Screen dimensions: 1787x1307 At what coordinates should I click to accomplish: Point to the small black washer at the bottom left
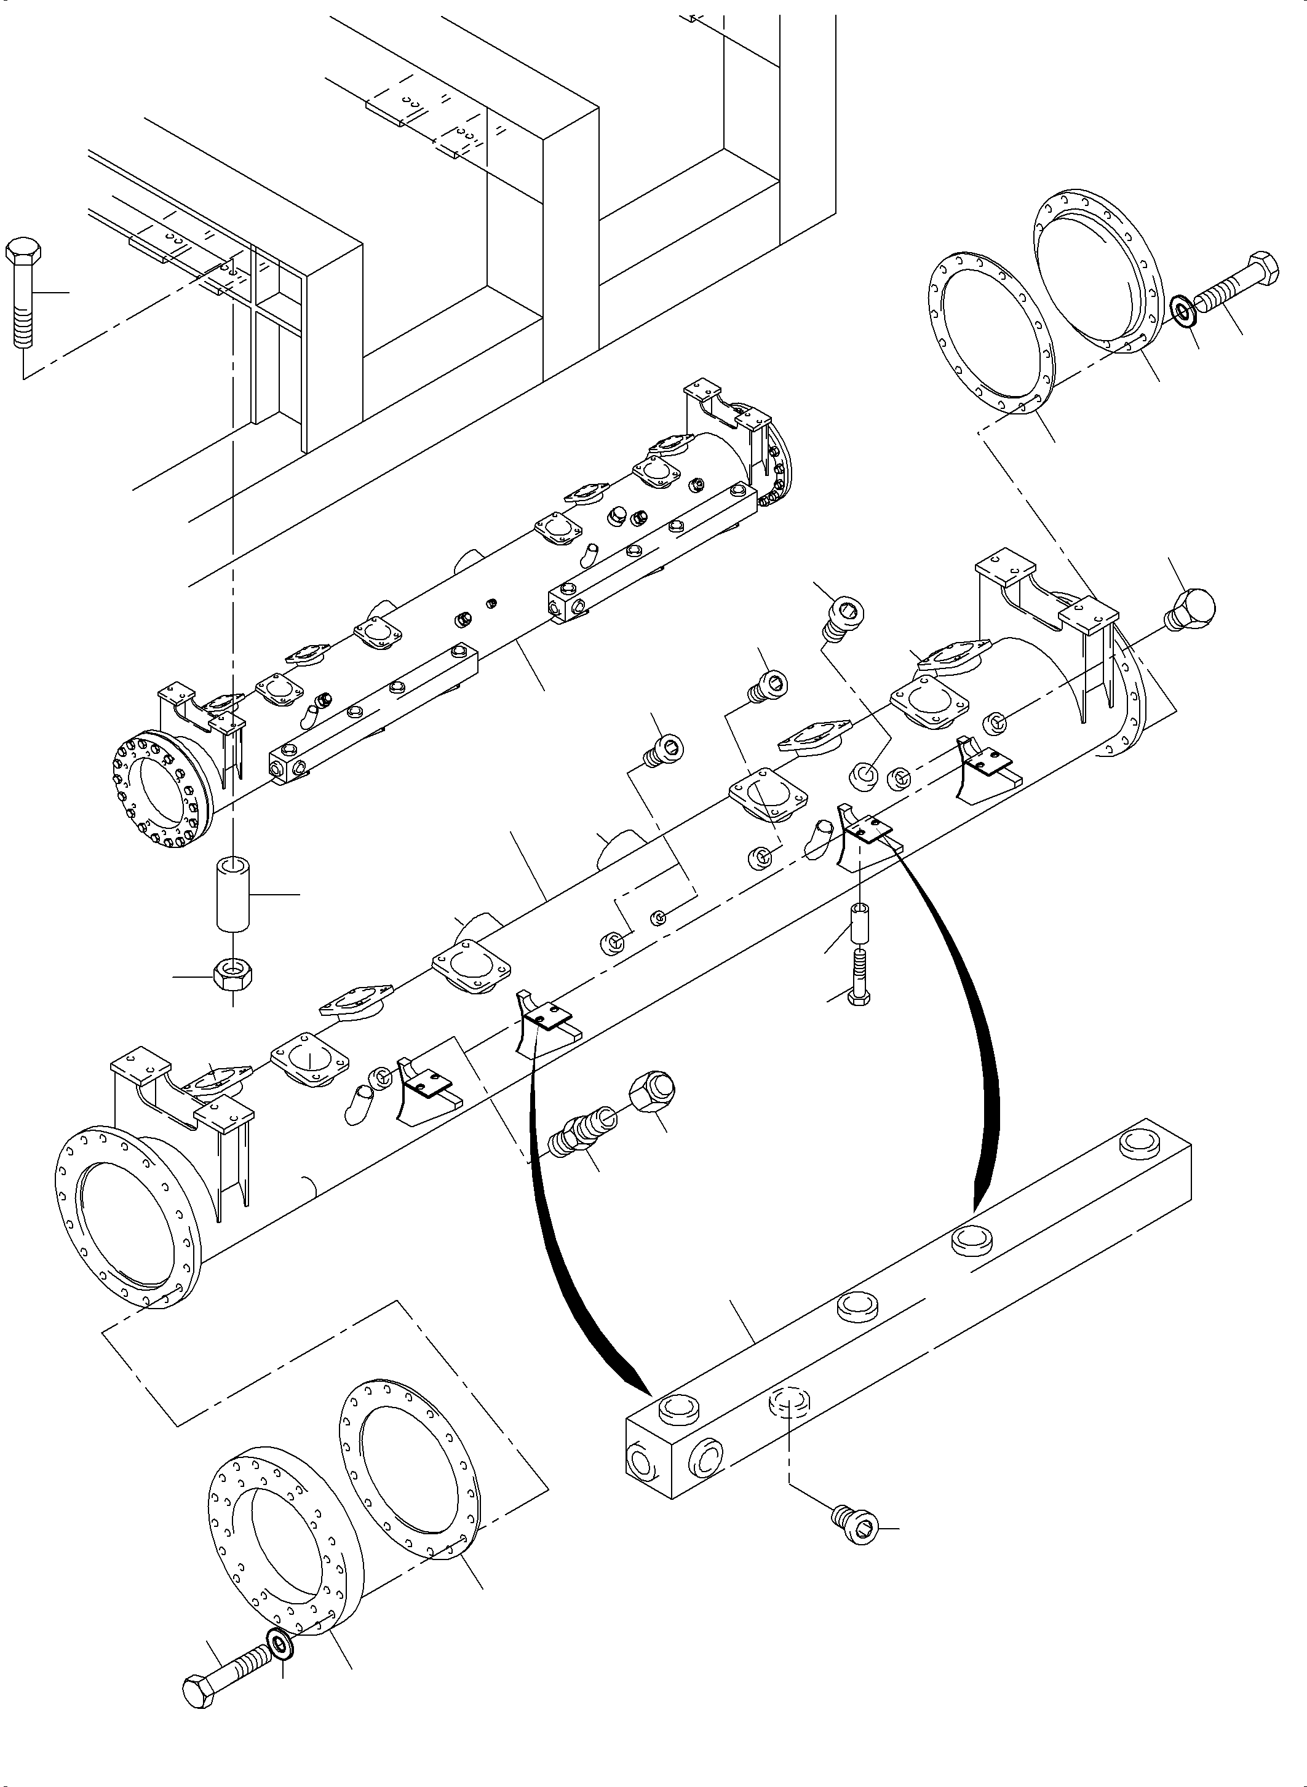[282, 1644]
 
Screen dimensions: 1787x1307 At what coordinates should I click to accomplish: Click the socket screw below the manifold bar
[856, 1525]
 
